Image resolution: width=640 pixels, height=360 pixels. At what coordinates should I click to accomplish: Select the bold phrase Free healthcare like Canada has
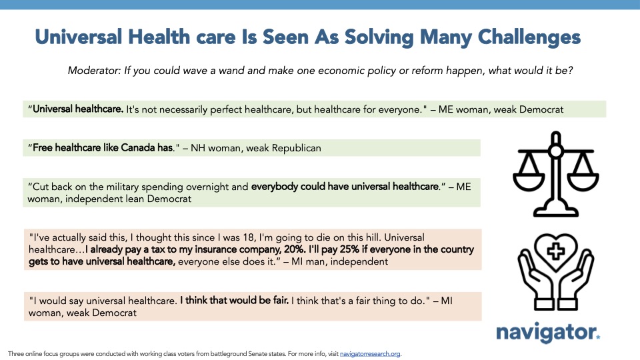pyautogui.click(x=103, y=148)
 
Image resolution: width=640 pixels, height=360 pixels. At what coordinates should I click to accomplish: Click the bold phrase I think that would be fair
pyautogui.click(x=234, y=300)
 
